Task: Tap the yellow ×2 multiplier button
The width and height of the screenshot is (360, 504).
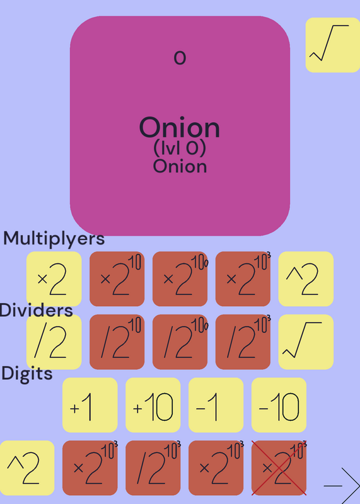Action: (54, 278)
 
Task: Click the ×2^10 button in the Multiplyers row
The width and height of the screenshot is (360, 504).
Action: (117, 278)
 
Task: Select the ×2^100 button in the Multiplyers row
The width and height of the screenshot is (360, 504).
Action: (180, 278)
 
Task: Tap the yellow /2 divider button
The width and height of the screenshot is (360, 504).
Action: (54, 341)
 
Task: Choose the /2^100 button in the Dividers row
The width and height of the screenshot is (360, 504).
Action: (180, 341)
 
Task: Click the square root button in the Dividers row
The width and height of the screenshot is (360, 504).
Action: (306, 341)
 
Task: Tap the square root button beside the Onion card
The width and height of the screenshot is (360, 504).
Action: (333, 45)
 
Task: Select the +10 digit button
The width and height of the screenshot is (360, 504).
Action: (153, 405)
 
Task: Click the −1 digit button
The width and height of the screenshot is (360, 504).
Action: (216, 405)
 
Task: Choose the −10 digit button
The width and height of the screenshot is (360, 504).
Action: (279, 405)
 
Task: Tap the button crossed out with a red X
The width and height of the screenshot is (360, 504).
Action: (279, 468)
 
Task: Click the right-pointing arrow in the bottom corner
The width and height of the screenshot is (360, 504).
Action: (342, 486)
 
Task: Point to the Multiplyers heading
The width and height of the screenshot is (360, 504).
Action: (54, 239)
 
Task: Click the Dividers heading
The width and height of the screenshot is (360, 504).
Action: (36, 311)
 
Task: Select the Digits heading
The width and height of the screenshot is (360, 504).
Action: (27, 374)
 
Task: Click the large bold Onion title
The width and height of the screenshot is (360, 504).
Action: (180, 128)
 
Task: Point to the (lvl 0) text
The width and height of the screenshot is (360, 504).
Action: (180, 148)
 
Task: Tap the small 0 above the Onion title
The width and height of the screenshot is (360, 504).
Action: (180, 58)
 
